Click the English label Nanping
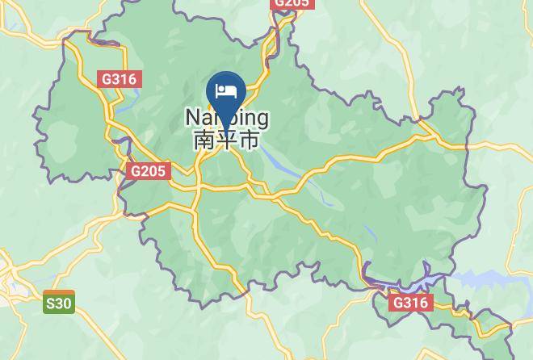tap(227, 119)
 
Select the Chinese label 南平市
tap(227, 140)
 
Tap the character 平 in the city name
tap(227, 140)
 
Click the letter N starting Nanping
tap(192, 118)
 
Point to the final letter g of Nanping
tap(262, 120)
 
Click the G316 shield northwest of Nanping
tap(120, 79)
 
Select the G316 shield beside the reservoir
tap(412, 303)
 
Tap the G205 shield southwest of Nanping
tap(148, 171)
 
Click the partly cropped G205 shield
tap(291, 3)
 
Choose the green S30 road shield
tap(59, 302)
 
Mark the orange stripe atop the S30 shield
tap(59, 293)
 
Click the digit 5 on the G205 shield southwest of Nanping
tap(162, 171)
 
